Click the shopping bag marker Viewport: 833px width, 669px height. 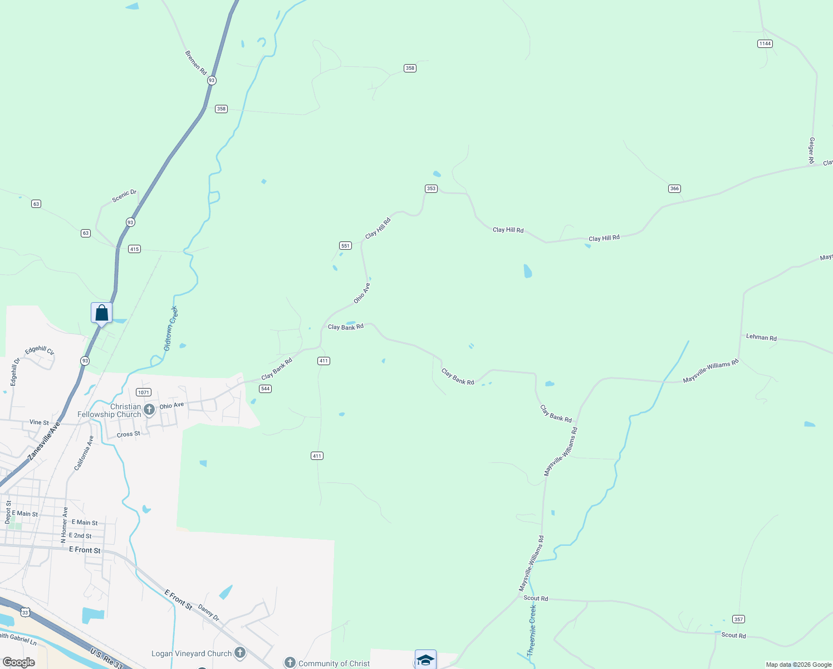[x=101, y=313]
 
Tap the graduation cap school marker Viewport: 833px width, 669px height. [x=425, y=660]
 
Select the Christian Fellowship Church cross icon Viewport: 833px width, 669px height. [x=149, y=410]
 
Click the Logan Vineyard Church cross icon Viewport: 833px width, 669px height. [x=240, y=653]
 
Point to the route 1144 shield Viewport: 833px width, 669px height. [x=765, y=43]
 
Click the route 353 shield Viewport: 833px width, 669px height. [x=431, y=188]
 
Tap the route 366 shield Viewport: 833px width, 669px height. [x=674, y=188]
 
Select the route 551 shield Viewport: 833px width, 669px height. [x=345, y=245]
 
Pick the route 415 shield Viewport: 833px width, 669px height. [x=134, y=249]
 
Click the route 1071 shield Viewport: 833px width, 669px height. [x=144, y=392]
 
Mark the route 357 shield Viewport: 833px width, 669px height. [x=738, y=619]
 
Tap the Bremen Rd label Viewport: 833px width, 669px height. [x=195, y=63]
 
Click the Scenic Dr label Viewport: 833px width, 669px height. [x=124, y=196]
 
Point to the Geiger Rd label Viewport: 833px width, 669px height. [x=812, y=151]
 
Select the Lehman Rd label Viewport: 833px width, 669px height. [x=761, y=337]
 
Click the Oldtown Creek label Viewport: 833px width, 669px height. [x=171, y=328]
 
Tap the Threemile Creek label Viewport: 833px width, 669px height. [x=532, y=630]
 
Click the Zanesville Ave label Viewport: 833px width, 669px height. [x=44, y=441]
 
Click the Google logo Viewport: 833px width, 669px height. [x=19, y=662]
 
